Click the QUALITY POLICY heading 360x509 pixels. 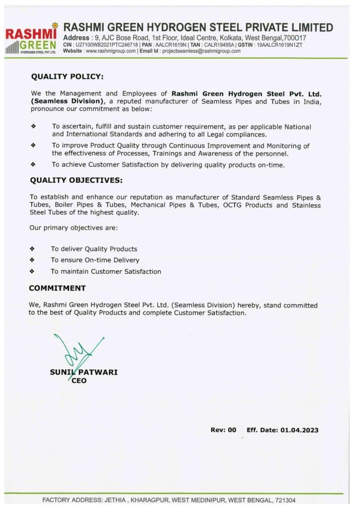67,77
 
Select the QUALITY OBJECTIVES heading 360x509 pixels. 76,179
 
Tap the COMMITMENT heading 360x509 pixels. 57,288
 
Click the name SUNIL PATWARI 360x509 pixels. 84,372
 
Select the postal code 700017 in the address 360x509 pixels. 295,38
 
